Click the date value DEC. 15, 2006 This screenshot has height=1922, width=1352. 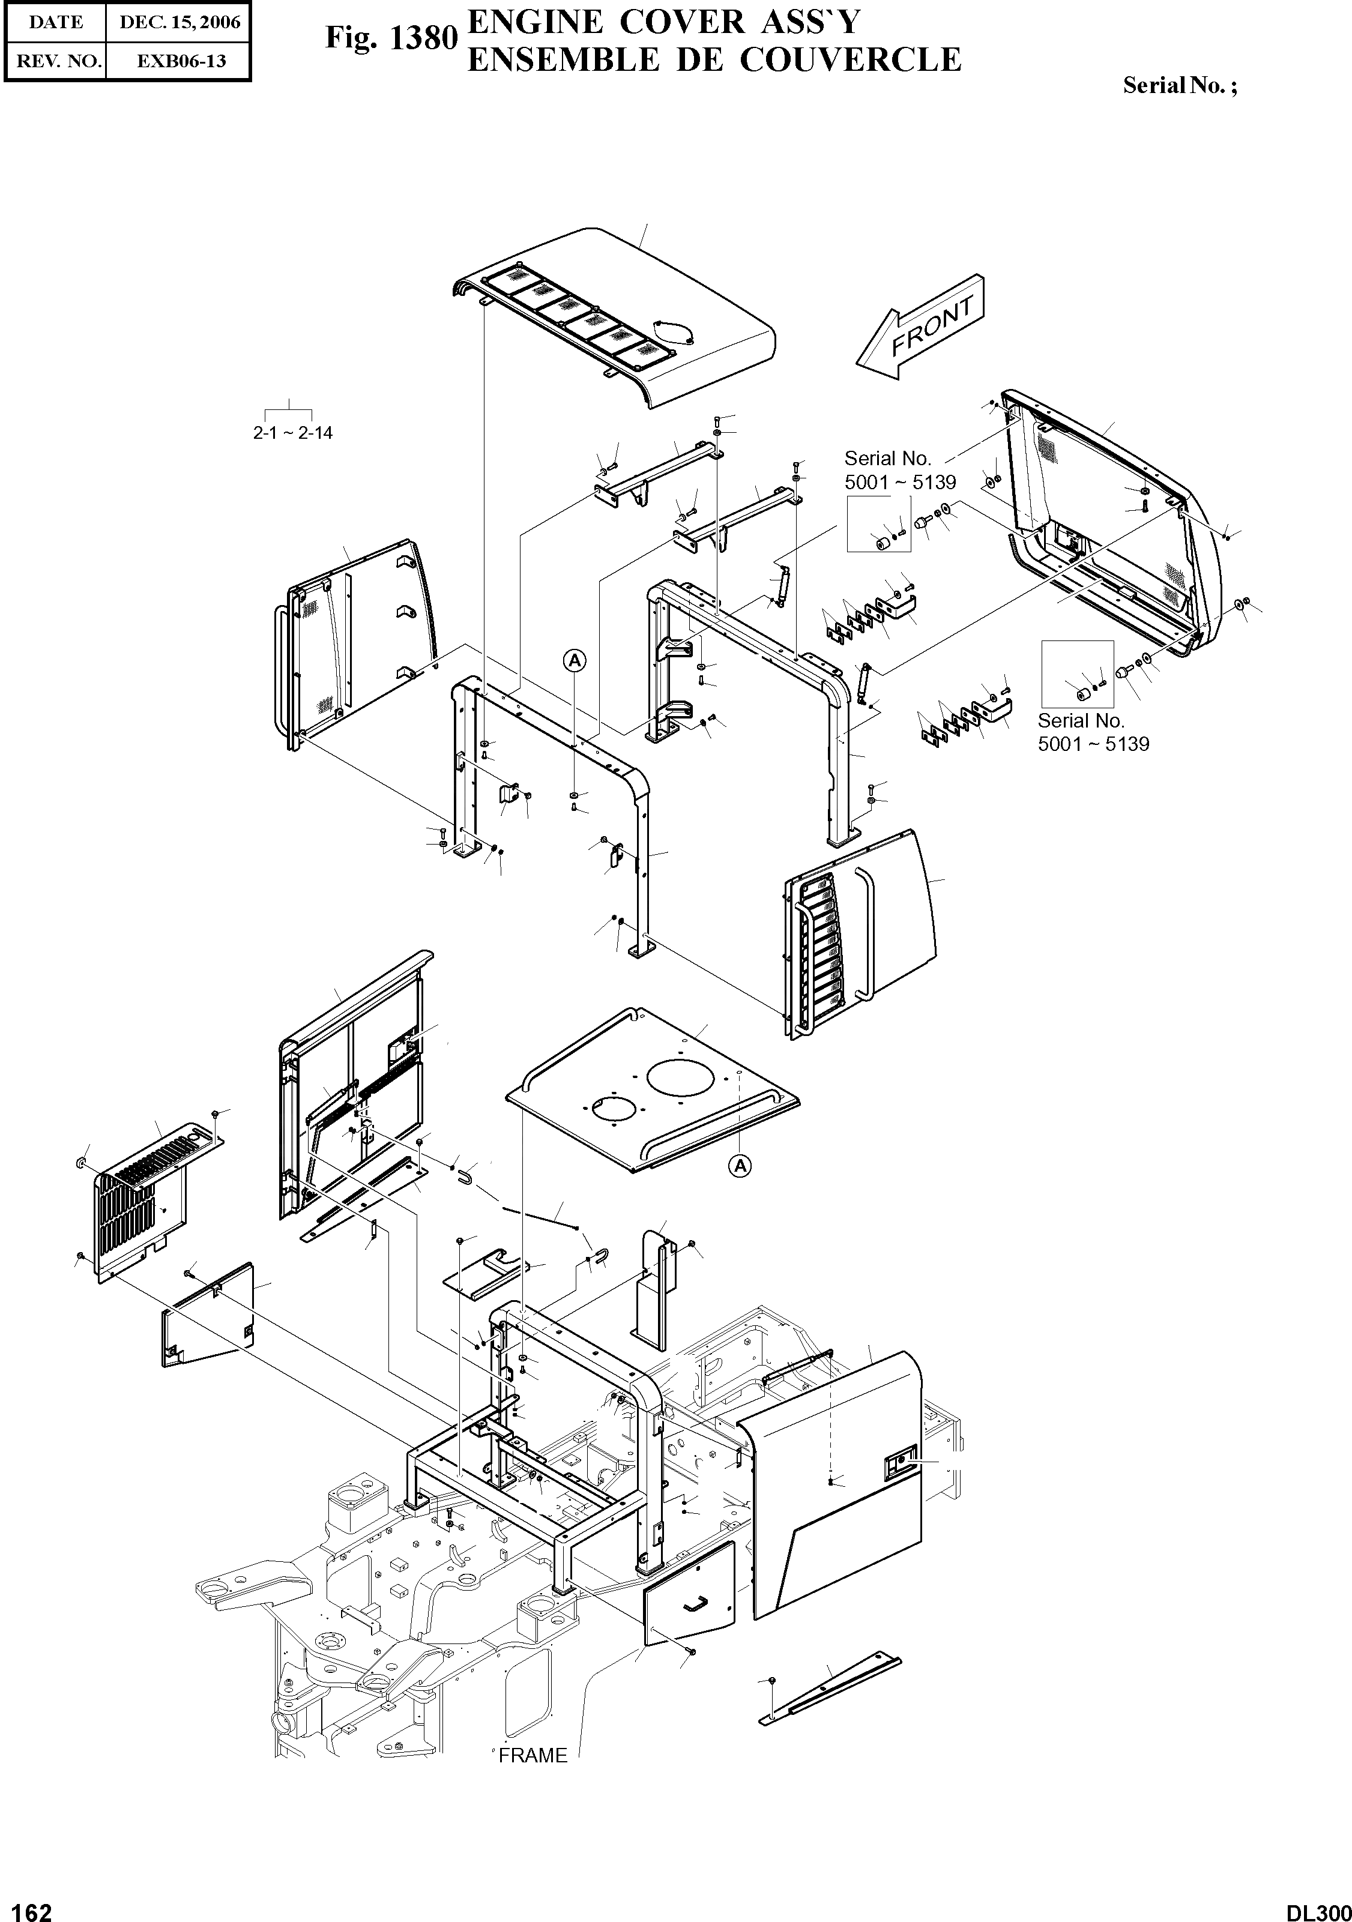coord(179,23)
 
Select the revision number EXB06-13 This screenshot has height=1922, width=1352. coord(179,61)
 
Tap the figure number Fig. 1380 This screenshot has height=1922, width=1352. coord(391,38)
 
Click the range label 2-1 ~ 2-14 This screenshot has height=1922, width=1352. coord(292,433)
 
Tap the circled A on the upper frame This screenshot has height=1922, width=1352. coord(575,660)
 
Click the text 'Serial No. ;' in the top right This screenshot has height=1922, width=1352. coord(1178,85)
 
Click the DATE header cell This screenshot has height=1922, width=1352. coord(55,23)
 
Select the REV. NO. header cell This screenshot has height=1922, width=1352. coord(55,61)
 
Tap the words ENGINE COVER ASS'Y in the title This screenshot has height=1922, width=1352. coord(663,23)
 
